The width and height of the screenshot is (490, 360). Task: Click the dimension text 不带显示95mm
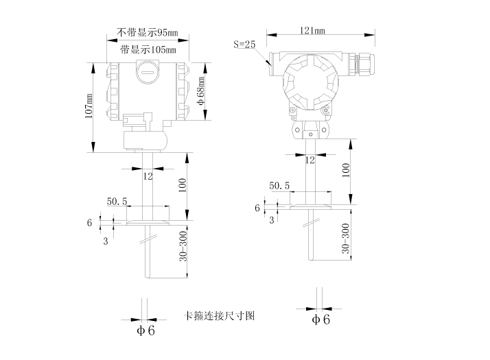148,32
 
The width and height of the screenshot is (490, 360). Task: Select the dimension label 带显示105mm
148,49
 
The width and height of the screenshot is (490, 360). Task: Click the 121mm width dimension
313,30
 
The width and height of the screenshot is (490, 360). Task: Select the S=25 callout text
244,45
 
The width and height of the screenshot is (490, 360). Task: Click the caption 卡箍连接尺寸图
220,316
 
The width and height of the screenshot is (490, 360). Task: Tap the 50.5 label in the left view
118,202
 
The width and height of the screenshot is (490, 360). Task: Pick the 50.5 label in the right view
279,186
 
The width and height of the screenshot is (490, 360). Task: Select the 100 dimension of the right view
346,170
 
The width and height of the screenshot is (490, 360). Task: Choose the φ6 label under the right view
320,320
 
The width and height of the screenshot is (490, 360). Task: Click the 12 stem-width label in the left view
148,176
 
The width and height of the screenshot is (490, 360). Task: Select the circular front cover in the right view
307,80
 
